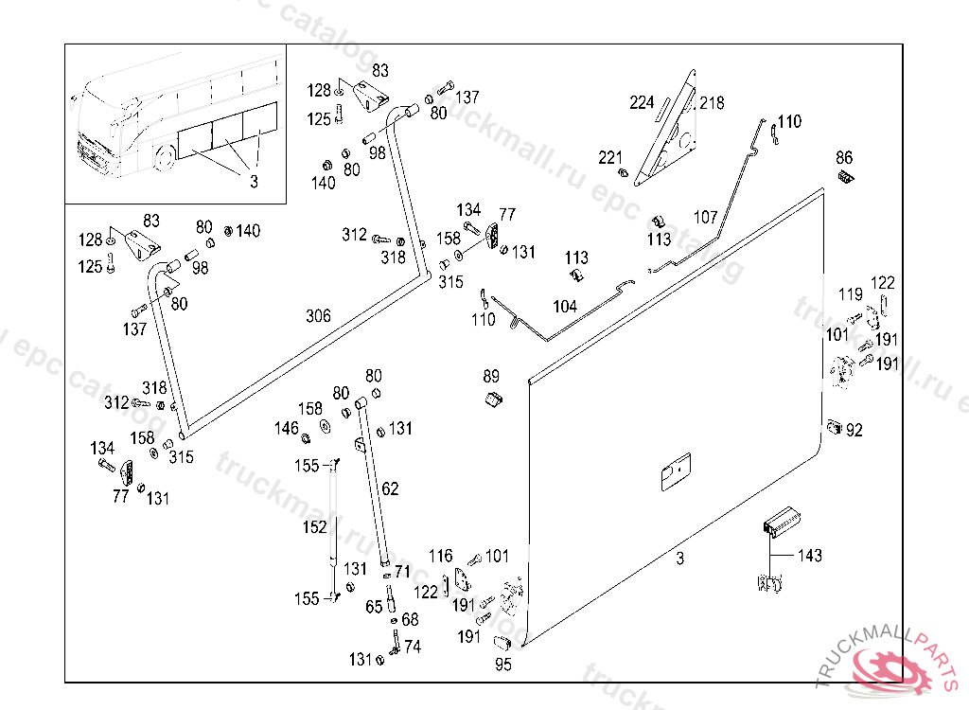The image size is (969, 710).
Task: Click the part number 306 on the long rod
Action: coord(319,316)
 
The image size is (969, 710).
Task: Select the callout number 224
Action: coord(642,102)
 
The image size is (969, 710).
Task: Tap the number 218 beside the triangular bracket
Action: coord(712,102)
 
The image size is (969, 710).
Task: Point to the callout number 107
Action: coord(705,218)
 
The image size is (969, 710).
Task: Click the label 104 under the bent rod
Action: coord(565,307)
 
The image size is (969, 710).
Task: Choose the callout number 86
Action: coord(844,157)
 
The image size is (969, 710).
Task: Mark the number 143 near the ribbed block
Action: coord(810,556)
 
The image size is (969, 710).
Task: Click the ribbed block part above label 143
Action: coord(782,520)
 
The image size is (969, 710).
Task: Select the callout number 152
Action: coord(314,526)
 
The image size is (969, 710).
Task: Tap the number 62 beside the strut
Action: coord(390,488)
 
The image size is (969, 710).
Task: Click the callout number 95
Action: coord(503,665)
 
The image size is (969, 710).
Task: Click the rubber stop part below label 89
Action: coord(492,400)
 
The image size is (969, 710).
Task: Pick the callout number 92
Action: coord(854,430)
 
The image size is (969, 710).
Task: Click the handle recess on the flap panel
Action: coord(676,472)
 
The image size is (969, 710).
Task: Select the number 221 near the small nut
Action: coord(610,157)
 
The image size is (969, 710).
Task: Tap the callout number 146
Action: coord(287,429)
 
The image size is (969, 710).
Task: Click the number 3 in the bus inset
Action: coord(254,182)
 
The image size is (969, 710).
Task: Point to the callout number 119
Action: coord(851,294)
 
